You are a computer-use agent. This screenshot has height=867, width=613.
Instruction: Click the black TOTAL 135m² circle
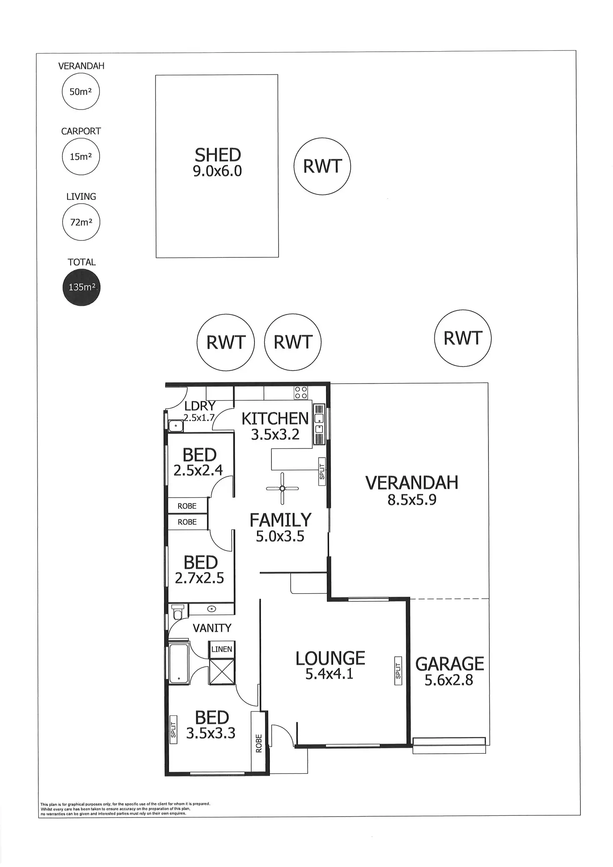pos(82,287)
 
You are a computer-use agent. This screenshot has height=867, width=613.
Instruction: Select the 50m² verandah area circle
pos(81,92)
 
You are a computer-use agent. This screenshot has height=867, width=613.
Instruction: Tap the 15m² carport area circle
pos(81,157)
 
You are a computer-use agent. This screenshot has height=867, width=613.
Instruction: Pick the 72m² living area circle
pos(81,222)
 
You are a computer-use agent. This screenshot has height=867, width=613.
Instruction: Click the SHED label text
pos(217,155)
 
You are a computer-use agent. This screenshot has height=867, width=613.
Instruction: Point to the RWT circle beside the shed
pos(322,167)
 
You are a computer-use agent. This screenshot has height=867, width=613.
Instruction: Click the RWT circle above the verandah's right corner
pos(463,338)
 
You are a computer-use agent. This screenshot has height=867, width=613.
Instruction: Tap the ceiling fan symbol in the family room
pos(282,488)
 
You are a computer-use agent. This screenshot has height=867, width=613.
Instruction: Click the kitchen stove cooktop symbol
pos(301,392)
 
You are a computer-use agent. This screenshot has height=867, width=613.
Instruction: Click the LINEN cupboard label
pos(222,649)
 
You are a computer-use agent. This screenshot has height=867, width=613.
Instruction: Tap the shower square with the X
pos(222,671)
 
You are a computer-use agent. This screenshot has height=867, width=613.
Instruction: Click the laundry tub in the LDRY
pos(175,426)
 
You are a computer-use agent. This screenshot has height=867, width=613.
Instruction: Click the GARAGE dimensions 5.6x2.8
pos(449,680)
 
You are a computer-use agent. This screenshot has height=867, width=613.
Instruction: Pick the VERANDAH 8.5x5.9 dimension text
pos(412,499)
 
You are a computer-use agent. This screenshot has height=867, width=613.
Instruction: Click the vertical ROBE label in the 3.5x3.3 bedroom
pos(259,743)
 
